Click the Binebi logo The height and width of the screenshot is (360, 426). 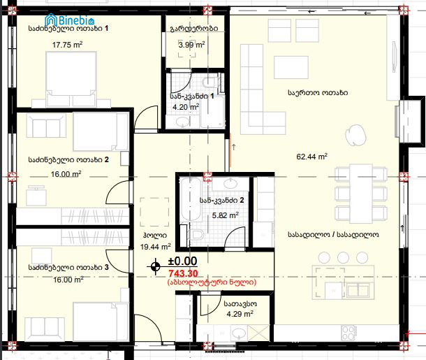[70, 20]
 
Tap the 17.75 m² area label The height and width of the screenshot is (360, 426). [67, 45]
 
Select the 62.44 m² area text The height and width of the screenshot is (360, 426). [311, 157]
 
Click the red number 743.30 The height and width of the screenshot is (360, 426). [183, 273]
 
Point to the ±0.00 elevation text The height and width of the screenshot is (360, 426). [182, 261]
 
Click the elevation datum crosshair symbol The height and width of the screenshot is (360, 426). [155, 266]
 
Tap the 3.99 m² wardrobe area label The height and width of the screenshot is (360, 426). [191, 44]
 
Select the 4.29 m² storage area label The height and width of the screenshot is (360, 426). [240, 314]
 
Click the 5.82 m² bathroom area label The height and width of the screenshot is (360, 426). [226, 215]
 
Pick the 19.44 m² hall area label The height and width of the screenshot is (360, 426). [156, 247]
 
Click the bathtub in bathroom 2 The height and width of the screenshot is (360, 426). [191, 200]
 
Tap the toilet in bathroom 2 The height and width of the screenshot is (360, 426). [196, 234]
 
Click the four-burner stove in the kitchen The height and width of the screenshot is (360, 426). [349, 332]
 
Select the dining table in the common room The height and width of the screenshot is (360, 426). [361, 194]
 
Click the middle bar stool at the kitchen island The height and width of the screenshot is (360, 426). [343, 257]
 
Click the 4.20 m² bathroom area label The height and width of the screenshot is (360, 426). [186, 107]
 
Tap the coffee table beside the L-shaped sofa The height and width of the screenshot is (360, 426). [291, 67]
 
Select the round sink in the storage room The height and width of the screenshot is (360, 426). [239, 332]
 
